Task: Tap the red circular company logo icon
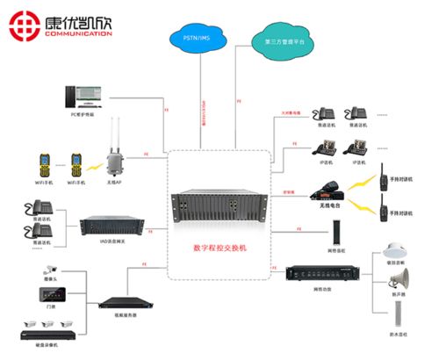[25, 24]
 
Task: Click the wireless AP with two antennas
[113, 157]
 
